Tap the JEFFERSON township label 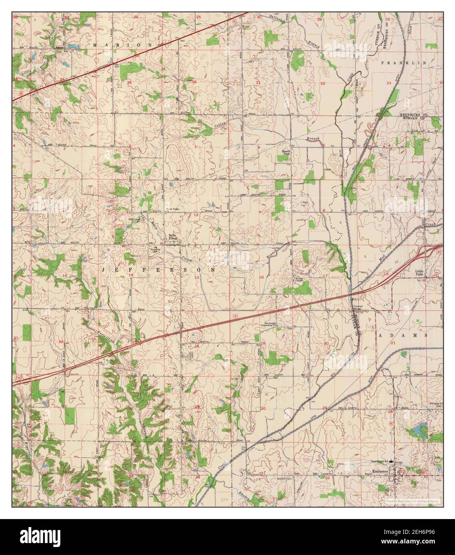tap(159, 270)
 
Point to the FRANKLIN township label tap(404, 63)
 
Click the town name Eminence tap(379, 472)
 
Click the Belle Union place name tap(172, 237)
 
